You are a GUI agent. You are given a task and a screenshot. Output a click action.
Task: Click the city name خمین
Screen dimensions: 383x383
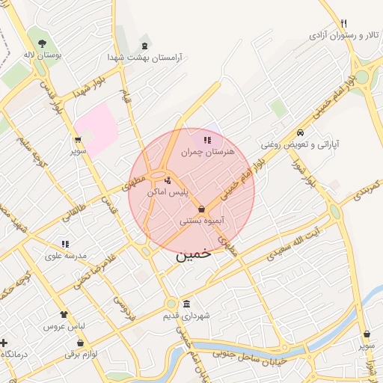click(x=194, y=254)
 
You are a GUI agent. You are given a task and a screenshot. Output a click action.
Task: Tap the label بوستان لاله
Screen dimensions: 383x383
click(x=40, y=55)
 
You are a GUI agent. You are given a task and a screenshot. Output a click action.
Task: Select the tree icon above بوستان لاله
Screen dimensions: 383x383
click(x=40, y=43)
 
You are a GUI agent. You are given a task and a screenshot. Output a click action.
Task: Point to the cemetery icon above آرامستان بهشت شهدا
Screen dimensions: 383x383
click(x=144, y=40)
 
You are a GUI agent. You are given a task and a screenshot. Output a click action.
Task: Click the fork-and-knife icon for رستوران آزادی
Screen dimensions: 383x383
click(x=343, y=23)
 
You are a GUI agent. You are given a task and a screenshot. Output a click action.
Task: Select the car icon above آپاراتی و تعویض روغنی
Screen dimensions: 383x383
click(x=299, y=132)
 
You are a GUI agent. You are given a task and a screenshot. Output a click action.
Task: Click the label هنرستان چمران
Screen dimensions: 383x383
click(x=208, y=152)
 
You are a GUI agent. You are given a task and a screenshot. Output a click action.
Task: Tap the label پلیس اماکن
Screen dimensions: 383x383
click(x=168, y=192)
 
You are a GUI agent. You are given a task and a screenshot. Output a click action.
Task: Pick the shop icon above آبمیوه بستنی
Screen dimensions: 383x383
click(x=202, y=209)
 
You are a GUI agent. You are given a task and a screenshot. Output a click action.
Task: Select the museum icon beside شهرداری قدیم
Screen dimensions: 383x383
click(x=186, y=304)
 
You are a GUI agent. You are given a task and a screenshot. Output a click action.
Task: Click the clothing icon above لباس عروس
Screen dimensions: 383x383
click(x=64, y=315)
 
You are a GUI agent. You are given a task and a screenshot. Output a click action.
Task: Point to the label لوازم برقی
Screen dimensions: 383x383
click(x=82, y=353)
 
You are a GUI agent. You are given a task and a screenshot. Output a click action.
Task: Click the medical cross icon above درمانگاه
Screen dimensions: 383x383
click(x=4, y=342)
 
